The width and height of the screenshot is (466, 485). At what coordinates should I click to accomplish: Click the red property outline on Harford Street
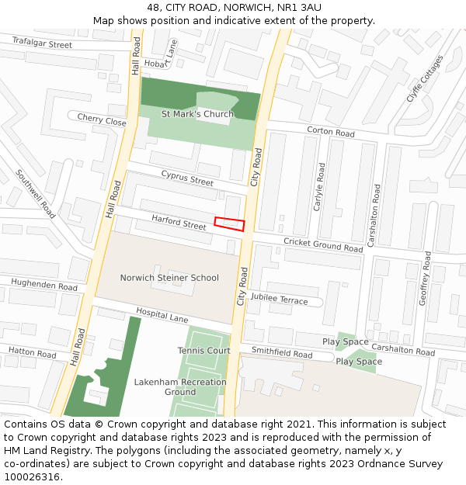[229, 223]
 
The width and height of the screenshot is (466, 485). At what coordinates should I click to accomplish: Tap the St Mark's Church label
[197, 114]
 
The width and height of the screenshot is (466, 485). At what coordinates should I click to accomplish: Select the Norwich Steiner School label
[169, 278]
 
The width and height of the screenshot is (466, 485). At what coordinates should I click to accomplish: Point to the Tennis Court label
[204, 351]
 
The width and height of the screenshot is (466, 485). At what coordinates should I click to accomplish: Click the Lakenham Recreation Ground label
[180, 386]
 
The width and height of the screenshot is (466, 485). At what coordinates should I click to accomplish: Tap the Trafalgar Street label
[42, 45]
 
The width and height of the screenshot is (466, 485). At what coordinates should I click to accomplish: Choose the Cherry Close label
[102, 121]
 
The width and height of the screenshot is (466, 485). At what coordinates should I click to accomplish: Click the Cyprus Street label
[187, 181]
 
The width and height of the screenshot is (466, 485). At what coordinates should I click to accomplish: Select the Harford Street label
[179, 223]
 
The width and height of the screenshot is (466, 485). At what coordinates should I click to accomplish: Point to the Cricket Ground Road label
[323, 245]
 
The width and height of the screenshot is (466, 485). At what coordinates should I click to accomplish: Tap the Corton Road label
[331, 133]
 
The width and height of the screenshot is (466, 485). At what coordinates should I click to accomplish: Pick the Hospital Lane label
[162, 314]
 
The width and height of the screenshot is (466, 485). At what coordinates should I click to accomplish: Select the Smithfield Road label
[281, 353]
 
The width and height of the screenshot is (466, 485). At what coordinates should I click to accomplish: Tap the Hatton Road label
[33, 353]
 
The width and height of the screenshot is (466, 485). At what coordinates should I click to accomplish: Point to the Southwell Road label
[36, 194]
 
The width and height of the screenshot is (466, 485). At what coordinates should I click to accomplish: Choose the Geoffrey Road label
[426, 277]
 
